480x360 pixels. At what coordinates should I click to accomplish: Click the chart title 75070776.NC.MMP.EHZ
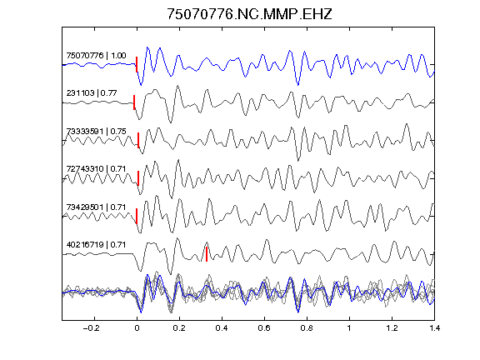pos(249,14)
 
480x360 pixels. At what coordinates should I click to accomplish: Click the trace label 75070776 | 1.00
pos(96,55)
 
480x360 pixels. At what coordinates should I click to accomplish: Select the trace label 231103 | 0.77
pos(92,92)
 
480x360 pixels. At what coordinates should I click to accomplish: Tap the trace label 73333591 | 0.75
pos(96,131)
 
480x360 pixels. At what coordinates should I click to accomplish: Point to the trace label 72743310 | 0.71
pos(96,168)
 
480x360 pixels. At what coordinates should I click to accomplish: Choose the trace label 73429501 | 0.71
pos(96,207)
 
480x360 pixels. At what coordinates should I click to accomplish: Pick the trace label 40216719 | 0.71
pos(96,245)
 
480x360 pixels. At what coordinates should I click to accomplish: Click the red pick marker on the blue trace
pos(137,64)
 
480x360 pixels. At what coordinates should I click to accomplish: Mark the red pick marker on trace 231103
pos(134,102)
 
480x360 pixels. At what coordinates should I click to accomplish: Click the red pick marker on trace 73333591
pos(138,140)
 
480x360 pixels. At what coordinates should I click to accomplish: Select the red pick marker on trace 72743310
pos(138,178)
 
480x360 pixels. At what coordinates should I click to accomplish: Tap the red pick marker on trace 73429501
pos(137,216)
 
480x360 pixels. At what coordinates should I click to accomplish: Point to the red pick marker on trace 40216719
pos(207,254)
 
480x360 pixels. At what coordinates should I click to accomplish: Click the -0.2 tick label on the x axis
pos(92,328)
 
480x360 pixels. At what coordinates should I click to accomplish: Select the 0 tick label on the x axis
pos(137,328)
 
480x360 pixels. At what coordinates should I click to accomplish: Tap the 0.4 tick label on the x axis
pos(222,328)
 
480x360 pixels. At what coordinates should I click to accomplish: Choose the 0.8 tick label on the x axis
pos(307,328)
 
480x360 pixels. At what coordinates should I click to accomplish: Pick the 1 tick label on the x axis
pos(349,328)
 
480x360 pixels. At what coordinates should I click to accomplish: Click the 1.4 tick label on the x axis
pos(434,328)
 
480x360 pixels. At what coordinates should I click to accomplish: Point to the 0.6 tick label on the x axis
pos(264,328)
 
